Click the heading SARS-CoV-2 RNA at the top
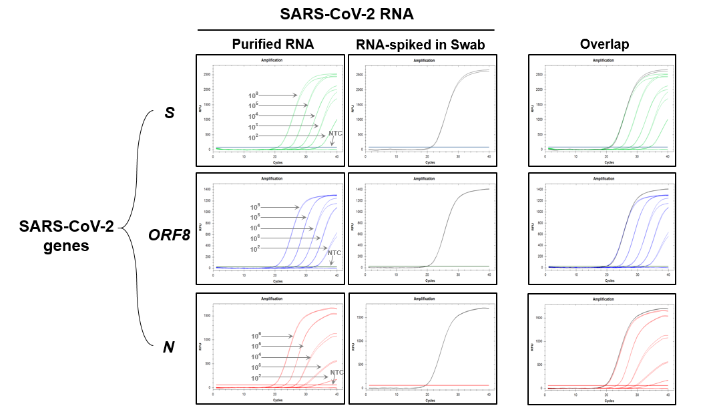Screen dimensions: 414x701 click(345, 15)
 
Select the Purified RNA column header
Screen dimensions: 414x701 click(272, 45)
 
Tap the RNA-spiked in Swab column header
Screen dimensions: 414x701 click(420, 45)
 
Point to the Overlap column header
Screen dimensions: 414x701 click(604, 45)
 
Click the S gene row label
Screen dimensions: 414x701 click(170, 113)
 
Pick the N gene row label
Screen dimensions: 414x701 click(170, 347)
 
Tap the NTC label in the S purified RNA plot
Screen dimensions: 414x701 click(335, 134)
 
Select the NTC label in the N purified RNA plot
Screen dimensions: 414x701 click(336, 372)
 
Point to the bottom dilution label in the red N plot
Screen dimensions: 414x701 click(256, 378)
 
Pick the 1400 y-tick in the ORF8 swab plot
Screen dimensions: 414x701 click(360, 190)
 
